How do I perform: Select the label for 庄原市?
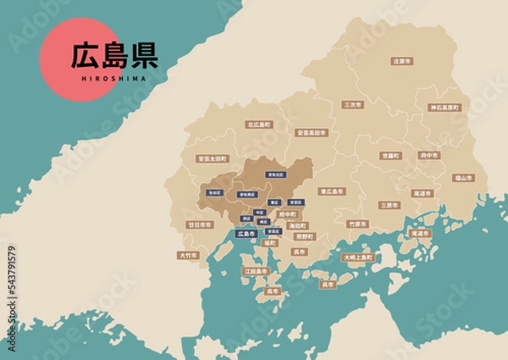coord(402,62)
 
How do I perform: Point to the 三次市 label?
coord(352,104)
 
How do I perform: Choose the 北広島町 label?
coord(259,125)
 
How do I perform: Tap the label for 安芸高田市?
coord(312,133)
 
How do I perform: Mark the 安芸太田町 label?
coord(212,158)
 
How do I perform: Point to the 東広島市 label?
coord(332,191)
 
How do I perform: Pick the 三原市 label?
coord(389,205)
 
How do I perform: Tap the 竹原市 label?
coord(358,224)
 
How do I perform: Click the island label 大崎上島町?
coord(356,257)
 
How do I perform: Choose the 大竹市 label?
coord(189,255)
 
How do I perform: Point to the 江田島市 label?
coord(256,272)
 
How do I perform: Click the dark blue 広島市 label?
coord(246,233)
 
